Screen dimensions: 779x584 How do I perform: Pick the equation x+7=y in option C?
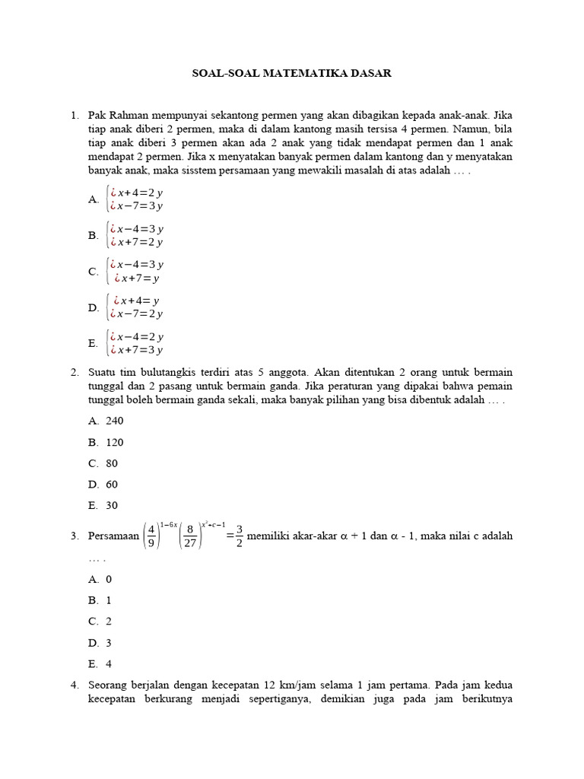tap(137, 278)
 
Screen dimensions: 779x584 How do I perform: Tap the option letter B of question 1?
tap(93, 236)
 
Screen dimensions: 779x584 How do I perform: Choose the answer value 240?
tap(114, 421)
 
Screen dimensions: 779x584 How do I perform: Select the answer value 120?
tap(114, 442)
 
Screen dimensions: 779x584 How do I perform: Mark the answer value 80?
tap(112, 463)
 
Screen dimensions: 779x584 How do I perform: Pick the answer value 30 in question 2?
tap(112, 505)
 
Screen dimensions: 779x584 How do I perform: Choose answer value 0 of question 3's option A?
tap(109, 579)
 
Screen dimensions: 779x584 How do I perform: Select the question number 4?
tap(75, 685)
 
